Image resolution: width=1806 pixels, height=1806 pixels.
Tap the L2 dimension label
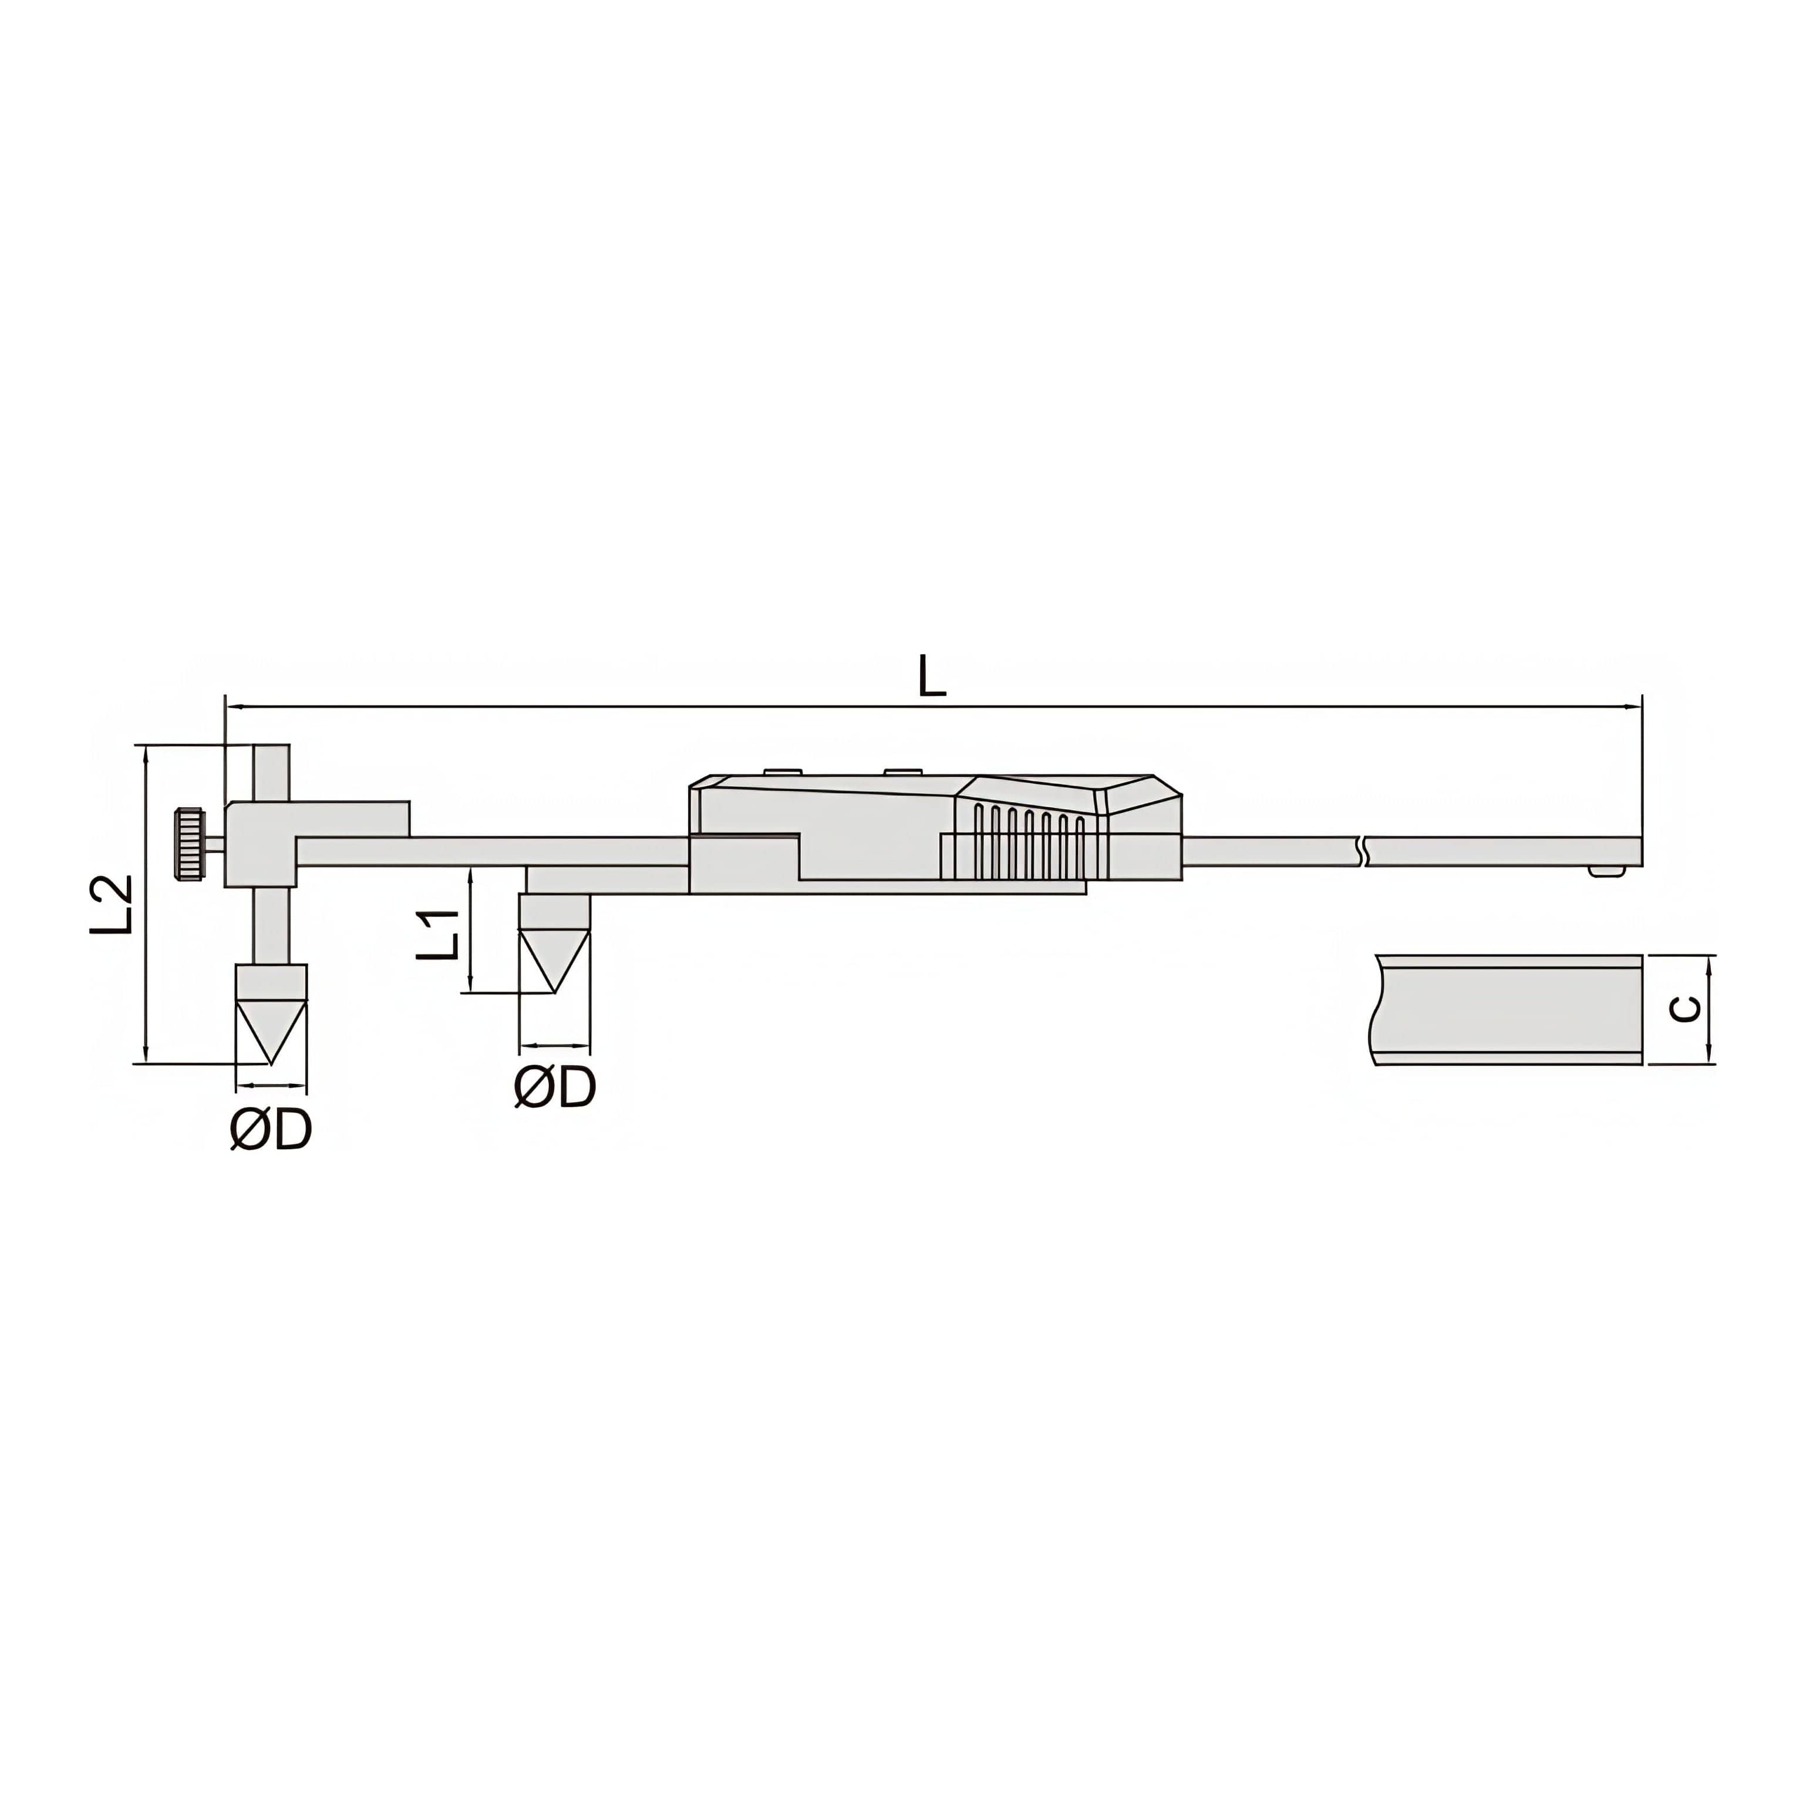[x=112, y=905]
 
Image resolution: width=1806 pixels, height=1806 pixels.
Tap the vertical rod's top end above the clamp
[x=272, y=759]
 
